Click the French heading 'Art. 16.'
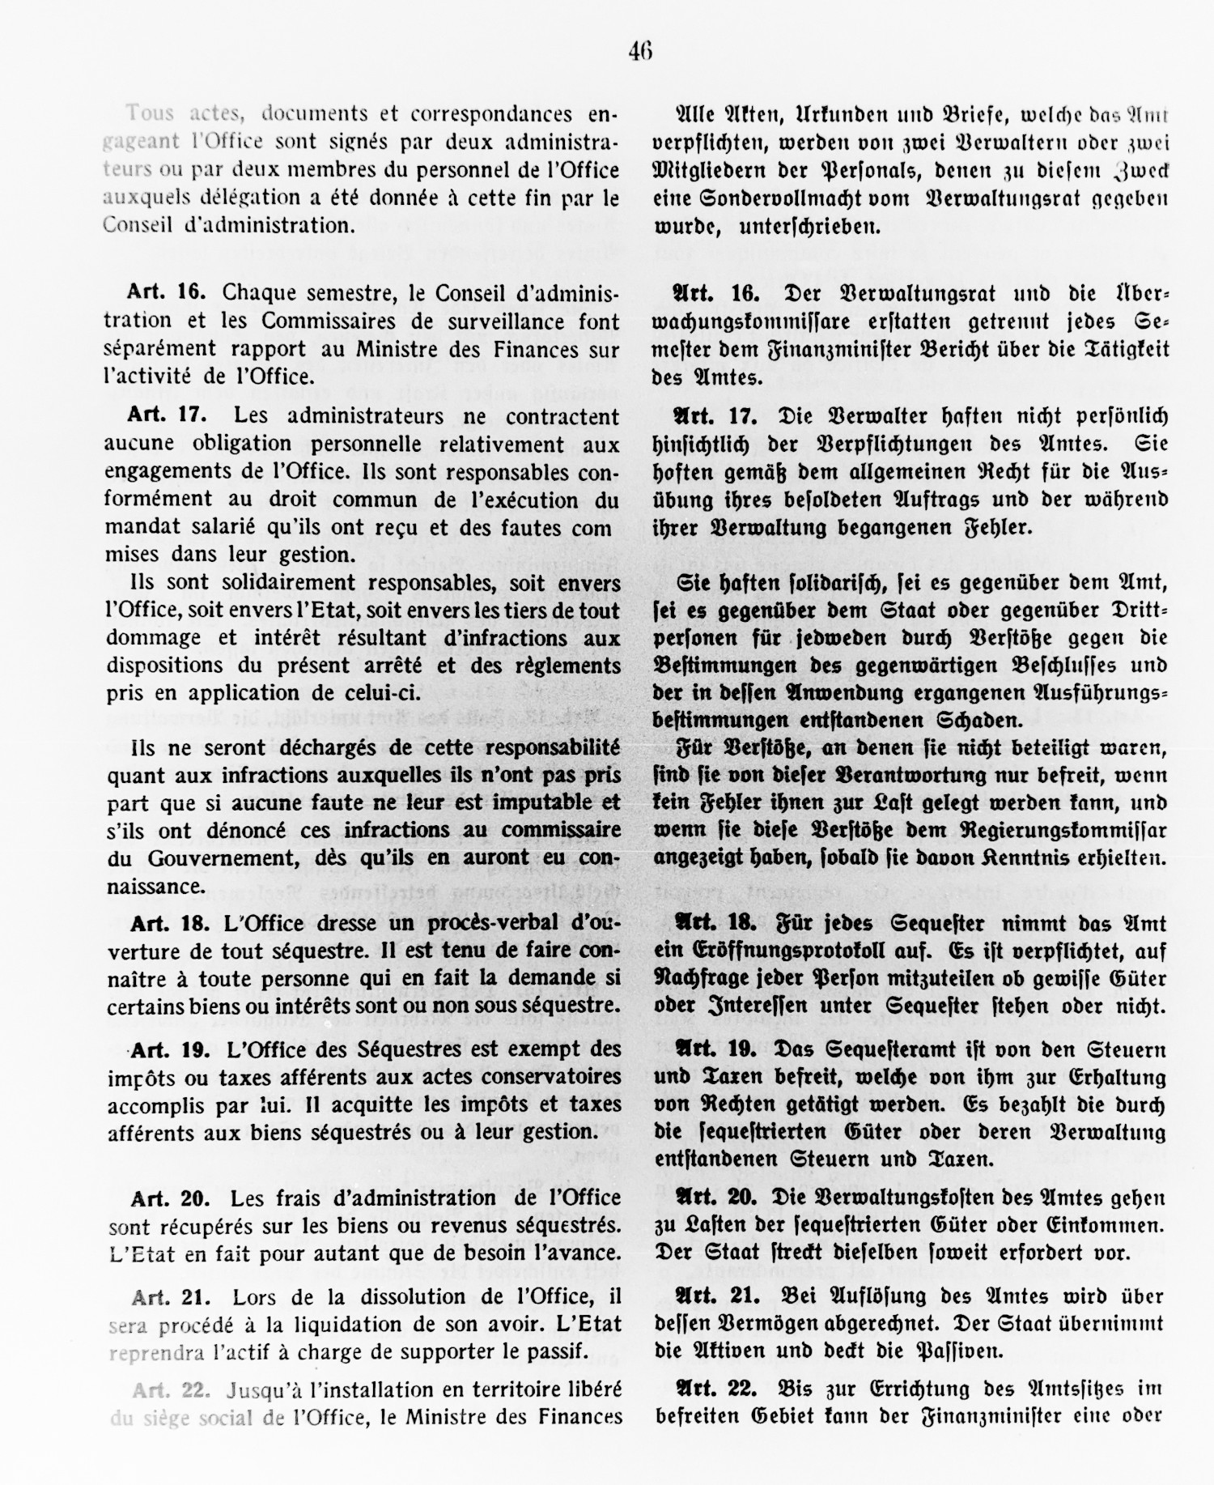[x=168, y=292]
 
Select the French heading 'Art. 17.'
[x=167, y=416]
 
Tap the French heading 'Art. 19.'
[x=171, y=1050]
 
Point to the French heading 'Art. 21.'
[x=171, y=1297]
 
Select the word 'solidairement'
[x=258, y=583]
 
